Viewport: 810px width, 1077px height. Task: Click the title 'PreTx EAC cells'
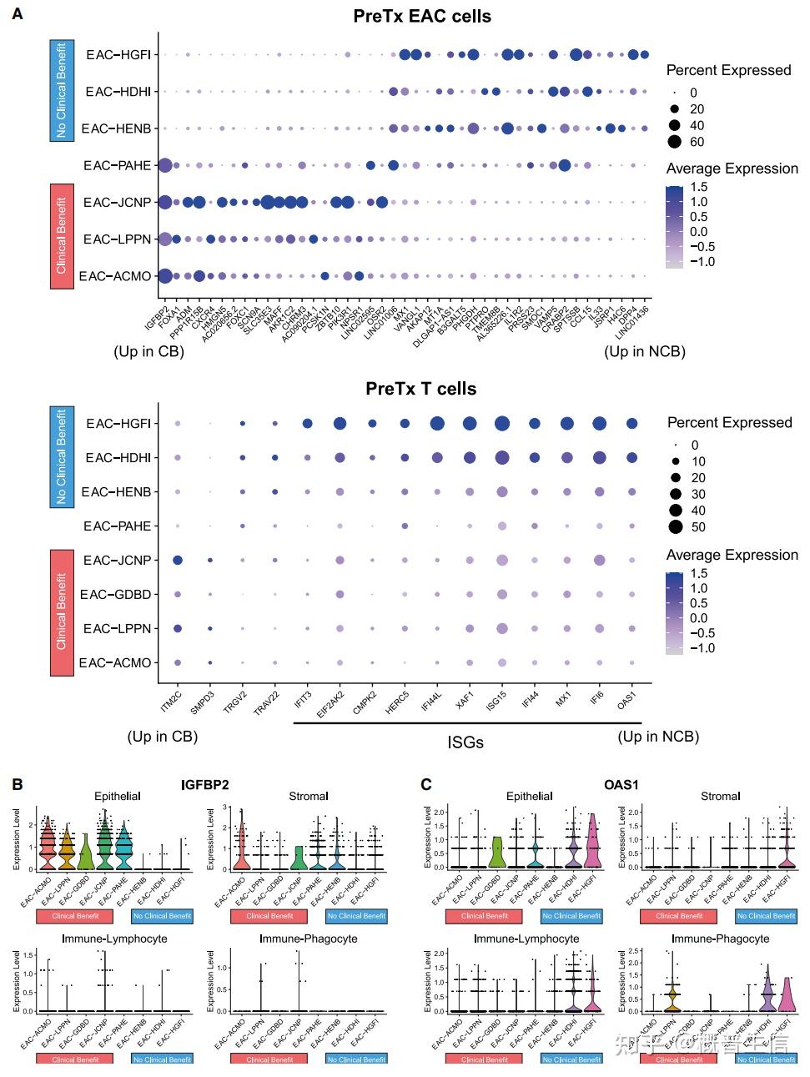422,16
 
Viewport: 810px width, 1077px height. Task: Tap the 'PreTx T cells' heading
421,389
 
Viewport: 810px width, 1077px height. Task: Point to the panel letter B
17,785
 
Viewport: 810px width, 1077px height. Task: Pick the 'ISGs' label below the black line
465,742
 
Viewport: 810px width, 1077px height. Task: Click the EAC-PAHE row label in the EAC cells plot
117,165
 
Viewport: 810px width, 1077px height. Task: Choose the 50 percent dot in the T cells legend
675,526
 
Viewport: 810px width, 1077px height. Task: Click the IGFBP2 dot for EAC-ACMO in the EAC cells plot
164,276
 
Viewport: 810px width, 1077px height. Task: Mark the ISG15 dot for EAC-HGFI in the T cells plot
501,424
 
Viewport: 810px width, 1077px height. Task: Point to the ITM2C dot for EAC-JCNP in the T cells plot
177,560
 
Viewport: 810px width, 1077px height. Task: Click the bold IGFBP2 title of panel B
205,785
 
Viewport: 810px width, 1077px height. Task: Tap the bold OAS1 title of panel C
621,785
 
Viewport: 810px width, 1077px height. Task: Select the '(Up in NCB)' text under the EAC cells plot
645,351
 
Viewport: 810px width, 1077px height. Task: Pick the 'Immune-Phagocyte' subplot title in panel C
720,939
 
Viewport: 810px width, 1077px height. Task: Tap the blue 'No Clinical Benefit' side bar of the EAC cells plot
62,91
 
